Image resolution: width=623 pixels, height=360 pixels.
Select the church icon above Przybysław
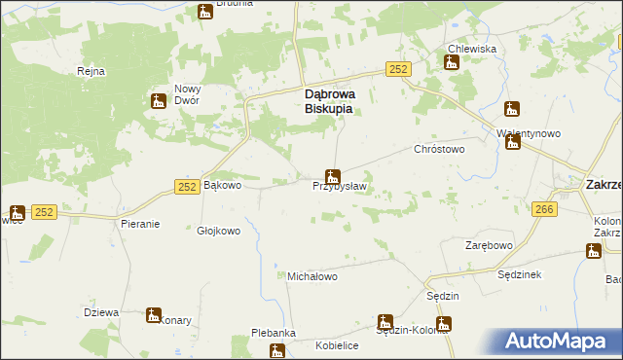[x=333, y=176]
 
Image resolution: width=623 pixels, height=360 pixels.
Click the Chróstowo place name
[x=439, y=150]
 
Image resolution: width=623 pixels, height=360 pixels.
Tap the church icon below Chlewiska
[x=452, y=63]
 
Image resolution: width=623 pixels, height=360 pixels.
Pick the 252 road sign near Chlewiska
[x=397, y=69]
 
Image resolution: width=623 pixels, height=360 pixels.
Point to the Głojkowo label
[x=218, y=231]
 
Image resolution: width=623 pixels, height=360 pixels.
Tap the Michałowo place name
[x=311, y=276]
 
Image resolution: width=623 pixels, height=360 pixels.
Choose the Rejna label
[x=91, y=71]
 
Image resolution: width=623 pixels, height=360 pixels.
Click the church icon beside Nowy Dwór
[x=159, y=100]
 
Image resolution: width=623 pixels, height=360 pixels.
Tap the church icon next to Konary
[x=154, y=314]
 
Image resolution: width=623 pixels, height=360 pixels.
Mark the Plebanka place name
[x=274, y=333]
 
